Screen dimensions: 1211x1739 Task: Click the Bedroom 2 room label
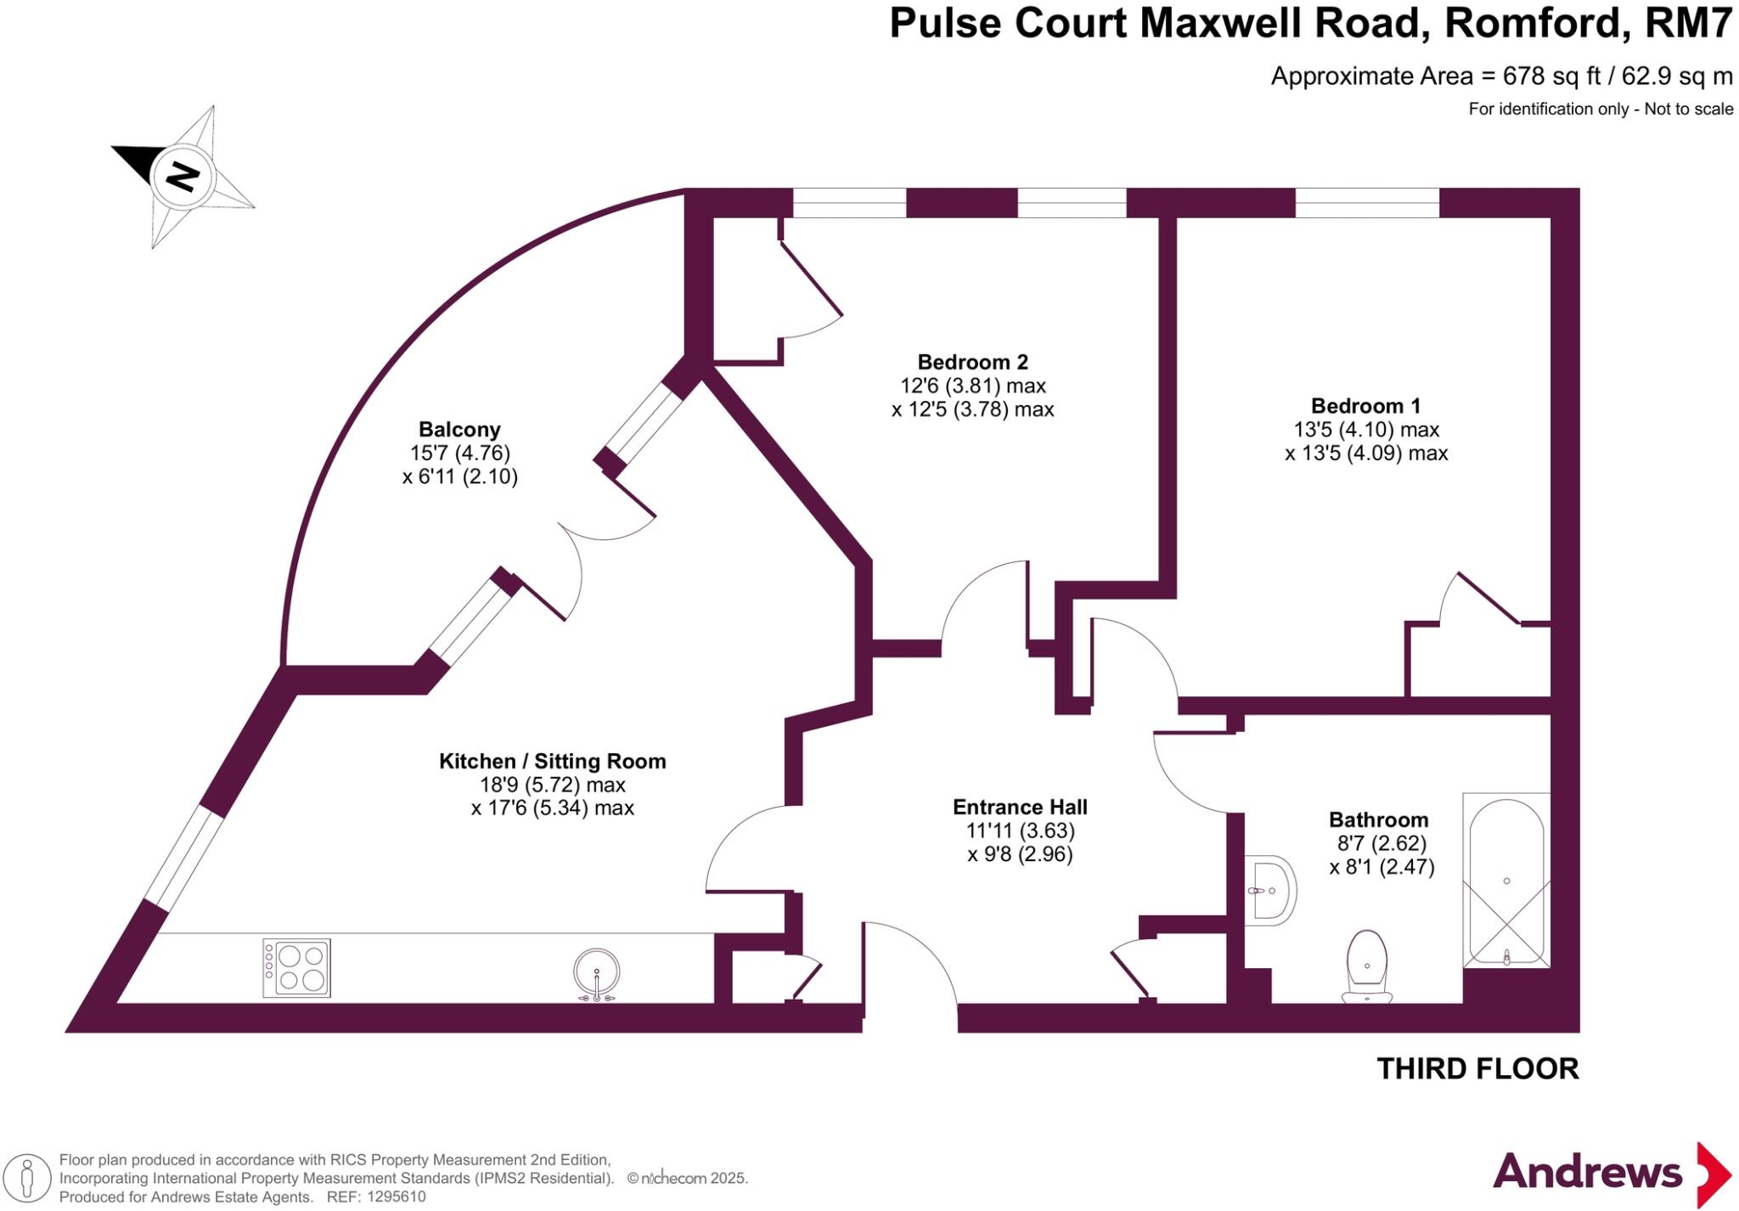[x=972, y=363]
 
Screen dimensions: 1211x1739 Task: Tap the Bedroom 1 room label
[x=1365, y=406]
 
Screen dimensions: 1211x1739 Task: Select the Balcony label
[x=459, y=430]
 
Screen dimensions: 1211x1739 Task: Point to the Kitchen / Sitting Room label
[x=552, y=762]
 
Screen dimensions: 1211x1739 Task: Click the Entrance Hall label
[x=1020, y=808]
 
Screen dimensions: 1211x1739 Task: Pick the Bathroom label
[x=1378, y=820]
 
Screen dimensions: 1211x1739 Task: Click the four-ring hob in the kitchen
[x=296, y=968]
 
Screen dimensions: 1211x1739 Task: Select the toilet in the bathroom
[x=1367, y=966]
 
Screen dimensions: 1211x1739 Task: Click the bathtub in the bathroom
[x=1506, y=880]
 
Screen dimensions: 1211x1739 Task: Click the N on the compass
[x=183, y=177]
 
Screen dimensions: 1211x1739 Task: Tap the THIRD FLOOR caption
[x=1477, y=1069]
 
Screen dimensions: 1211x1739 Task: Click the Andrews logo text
[x=1587, y=1172]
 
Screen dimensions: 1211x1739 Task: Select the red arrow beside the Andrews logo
[x=1714, y=1175]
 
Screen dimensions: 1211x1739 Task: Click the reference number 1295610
[x=394, y=1197]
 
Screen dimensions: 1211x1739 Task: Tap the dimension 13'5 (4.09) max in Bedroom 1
[x=1366, y=453]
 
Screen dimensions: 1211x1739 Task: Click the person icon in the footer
[x=27, y=1179]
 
